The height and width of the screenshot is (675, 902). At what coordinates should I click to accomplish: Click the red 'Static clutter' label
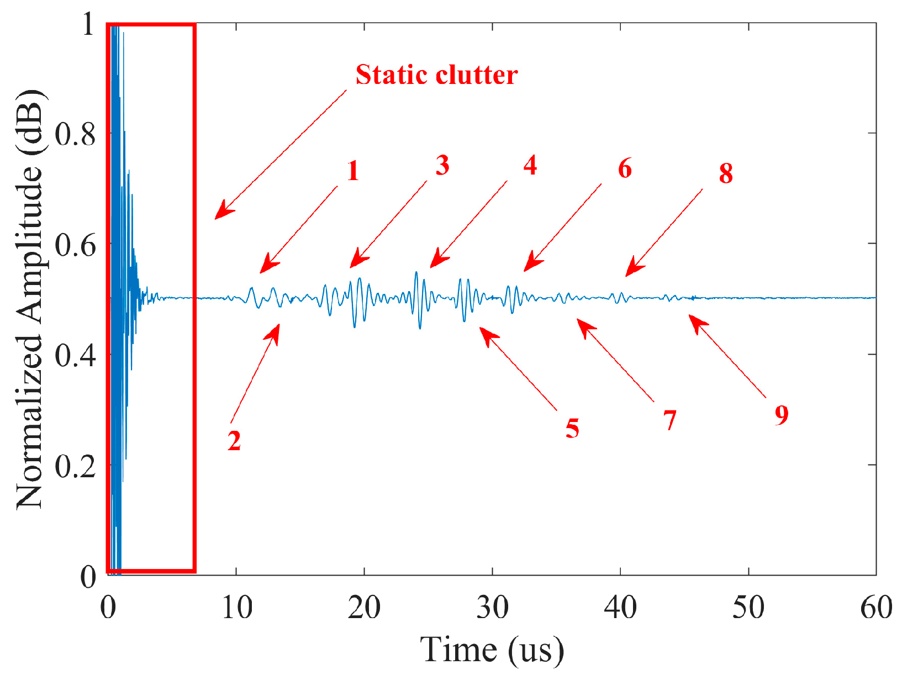pos(436,75)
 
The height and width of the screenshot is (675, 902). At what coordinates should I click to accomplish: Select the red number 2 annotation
pos(234,441)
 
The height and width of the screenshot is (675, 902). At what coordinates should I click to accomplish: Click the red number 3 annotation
pos(442,166)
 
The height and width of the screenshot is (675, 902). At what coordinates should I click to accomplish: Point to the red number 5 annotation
pos(572,428)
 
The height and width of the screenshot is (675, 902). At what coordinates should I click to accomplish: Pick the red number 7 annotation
pos(670,420)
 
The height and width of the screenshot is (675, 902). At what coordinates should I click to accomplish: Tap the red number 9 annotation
pos(781,414)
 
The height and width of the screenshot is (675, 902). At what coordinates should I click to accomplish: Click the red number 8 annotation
pos(726,173)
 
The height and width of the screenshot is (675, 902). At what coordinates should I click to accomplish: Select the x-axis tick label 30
pos(492,608)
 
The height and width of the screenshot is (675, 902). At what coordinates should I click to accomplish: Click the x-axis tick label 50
pos(748,608)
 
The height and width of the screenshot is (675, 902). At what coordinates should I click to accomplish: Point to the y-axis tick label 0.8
pos(76,134)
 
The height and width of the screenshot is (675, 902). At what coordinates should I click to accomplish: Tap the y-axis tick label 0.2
pos(76,466)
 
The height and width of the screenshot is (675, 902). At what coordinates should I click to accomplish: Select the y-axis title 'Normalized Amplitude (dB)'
pos(30,298)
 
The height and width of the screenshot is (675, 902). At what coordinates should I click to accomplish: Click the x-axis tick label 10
pos(237,608)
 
